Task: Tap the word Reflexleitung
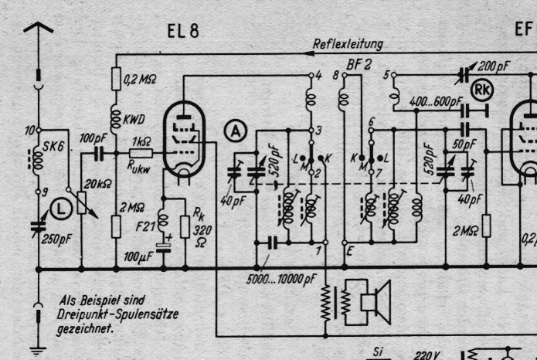tap(347, 44)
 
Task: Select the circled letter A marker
tap(236, 133)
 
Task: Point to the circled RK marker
tap(484, 91)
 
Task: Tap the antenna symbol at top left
tap(39, 31)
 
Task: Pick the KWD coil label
tap(138, 119)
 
